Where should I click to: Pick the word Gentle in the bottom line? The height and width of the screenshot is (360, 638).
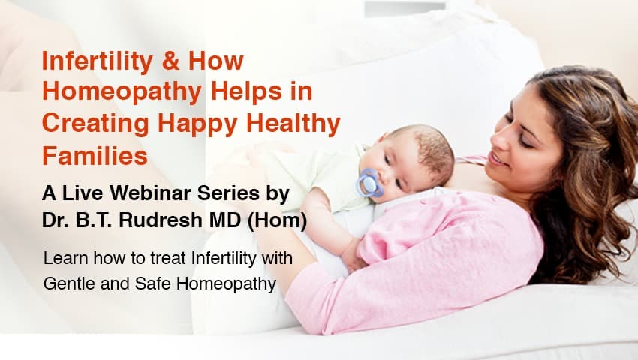pyautogui.click(x=68, y=283)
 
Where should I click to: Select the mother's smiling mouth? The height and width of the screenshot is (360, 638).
pyautogui.click(x=498, y=157)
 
